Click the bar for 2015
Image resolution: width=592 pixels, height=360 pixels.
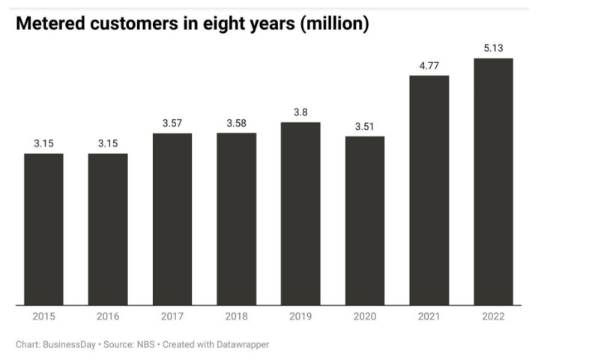click(43, 229)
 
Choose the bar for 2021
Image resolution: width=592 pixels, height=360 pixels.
click(429, 190)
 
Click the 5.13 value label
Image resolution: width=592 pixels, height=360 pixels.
click(493, 48)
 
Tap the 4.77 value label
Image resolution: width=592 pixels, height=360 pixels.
click(429, 65)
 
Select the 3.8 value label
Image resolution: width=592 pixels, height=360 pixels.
click(300, 112)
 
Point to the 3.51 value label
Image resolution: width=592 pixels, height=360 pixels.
click(365, 126)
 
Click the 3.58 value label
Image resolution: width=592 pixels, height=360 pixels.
click(236, 123)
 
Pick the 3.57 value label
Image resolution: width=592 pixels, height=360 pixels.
click(172, 123)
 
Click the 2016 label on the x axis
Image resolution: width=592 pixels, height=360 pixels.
click(108, 317)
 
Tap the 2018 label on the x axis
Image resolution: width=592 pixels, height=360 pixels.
click(236, 317)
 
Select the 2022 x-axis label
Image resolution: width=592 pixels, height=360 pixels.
click(493, 317)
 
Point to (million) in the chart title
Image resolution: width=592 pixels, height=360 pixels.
click(333, 24)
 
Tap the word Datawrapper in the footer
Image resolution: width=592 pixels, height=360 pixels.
click(241, 345)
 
